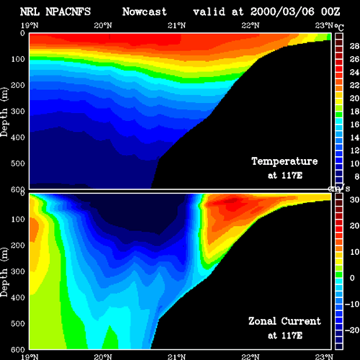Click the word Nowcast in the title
(145, 12)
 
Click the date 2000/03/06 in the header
(282, 12)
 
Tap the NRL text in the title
(30, 12)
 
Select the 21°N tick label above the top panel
(176, 25)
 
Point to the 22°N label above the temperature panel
(251, 25)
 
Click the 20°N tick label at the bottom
(103, 357)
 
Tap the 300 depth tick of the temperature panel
(18, 112)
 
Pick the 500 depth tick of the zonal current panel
(18, 324)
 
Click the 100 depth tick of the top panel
(18, 59)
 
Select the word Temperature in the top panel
(284, 161)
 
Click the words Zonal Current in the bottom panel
(284, 321)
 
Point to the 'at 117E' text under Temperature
(285, 176)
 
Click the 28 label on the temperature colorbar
(354, 46)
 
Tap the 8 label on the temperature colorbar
(356, 176)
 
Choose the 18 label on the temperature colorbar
(354, 112)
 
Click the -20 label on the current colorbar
(352, 330)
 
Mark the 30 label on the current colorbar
(354, 199)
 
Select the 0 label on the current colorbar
(352, 278)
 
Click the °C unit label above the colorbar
(339, 27)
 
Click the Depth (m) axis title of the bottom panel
(4, 272)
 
